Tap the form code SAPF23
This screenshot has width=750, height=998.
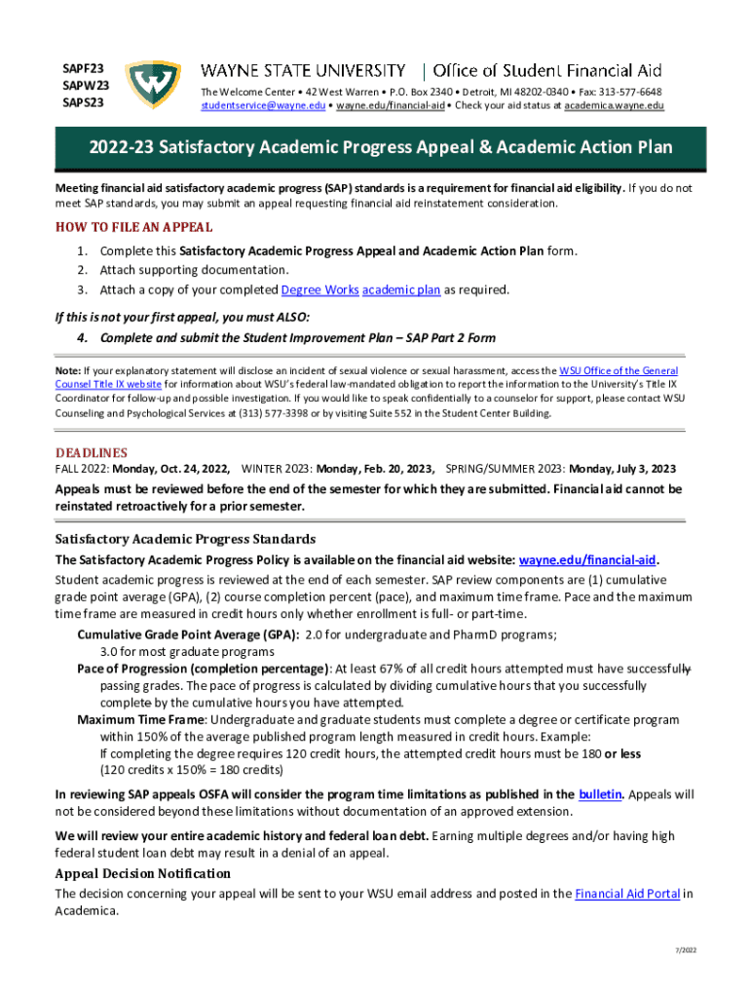click(x=85, y=68)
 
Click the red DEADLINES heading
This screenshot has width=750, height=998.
click(x=92, y=453)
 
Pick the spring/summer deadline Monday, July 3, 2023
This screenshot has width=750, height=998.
click(x=622, y=469)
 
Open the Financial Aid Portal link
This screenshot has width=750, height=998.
click(x=627, y=894)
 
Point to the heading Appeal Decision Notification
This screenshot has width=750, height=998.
click(x=143, y=873)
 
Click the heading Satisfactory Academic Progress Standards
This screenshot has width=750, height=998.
click(x=185, y=539)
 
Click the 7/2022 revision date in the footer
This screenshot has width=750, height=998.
click(x=687, y=950)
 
